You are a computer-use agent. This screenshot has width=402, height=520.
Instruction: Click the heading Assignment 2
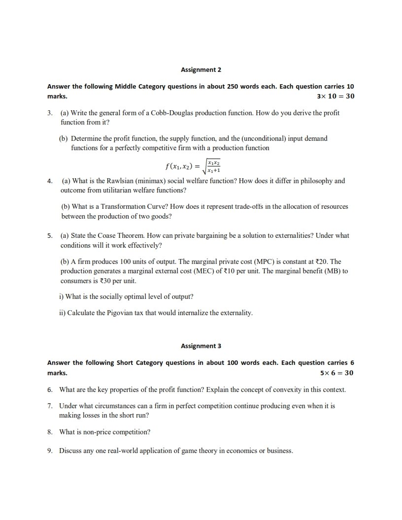(x=201, y=70)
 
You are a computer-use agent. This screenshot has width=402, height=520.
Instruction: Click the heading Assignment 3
(x=201, y=346)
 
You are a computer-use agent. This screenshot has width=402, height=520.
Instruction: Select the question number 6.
(x=50, y=390)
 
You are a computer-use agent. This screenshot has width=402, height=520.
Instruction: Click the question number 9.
(x=50, y=451)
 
